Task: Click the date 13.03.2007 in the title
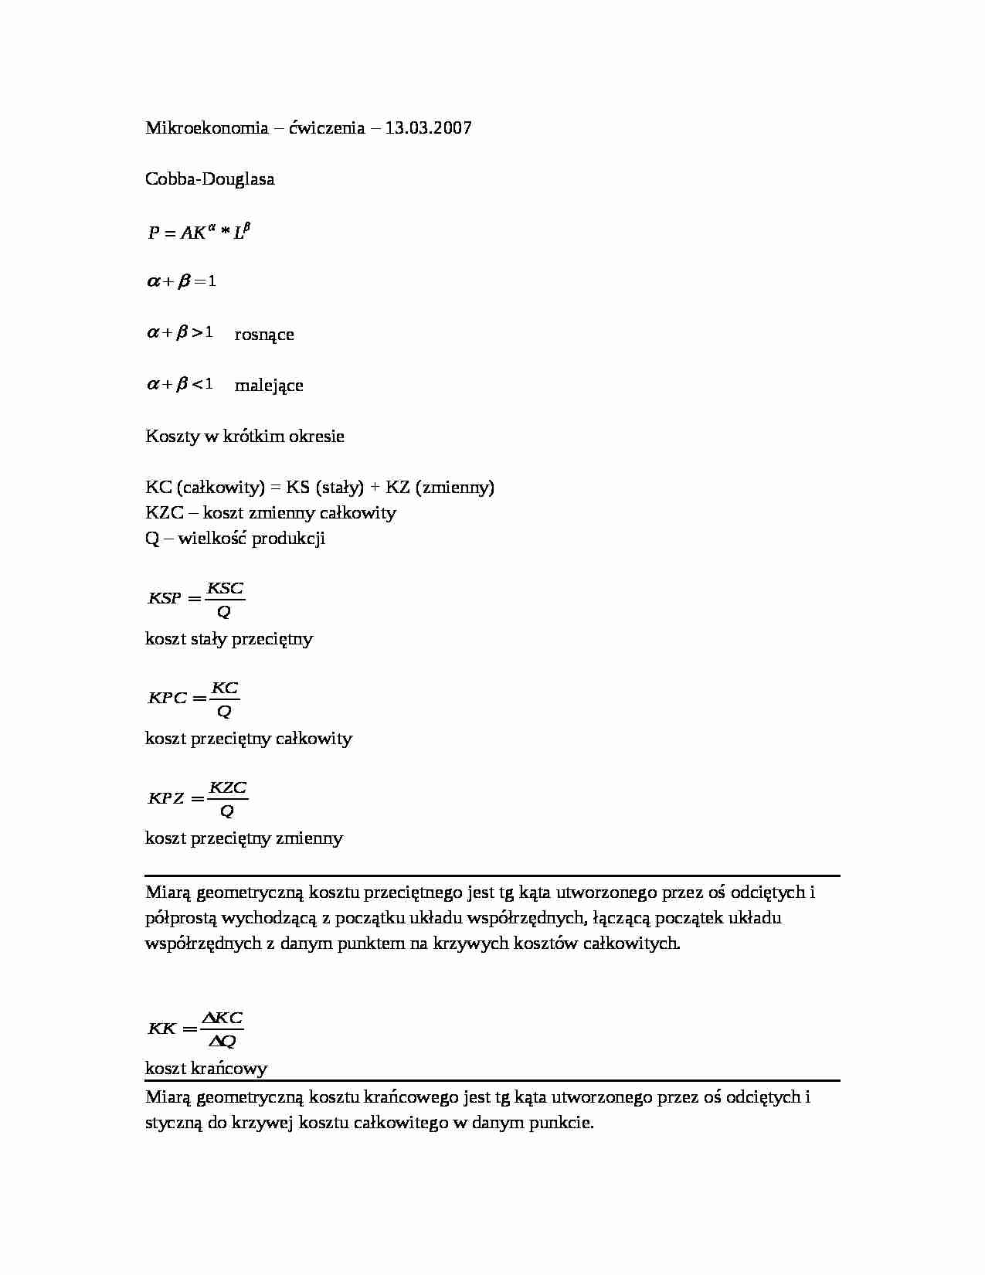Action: pyautogui.click(x=428, y=128)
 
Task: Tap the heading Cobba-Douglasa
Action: pyautogui.click(x=209, y=179)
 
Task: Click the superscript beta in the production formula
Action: pyautogui.click(x=246, y=226)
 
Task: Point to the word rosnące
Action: pyautogui.click(x=264, y=335)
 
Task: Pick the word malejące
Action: pyautogui.click(x=269, y=386)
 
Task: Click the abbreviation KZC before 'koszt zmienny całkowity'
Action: pyautogui.click(x=164, y=513)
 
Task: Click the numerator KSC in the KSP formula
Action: pyautogui.click(x=226, y=589)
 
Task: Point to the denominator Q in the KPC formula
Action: pyautogui.click(x=225, y=711)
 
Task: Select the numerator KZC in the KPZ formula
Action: pyautogui.click(x=228, y=788)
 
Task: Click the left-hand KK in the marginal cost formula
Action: pyautogui.click(x=162, y=1028)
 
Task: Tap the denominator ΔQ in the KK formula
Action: pyautogui.click(x=222, y=1042)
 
